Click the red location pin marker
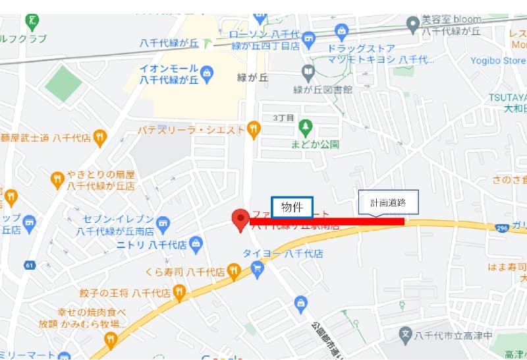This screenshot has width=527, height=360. pyautogui.click(x=241, y=219)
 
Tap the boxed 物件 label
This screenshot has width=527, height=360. pyautogui.click(x=292, y=207)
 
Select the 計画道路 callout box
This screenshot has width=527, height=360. pyautogui.click(x=388, y=204)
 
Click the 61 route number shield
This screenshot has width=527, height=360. pyautogui.click(x=29, y=265)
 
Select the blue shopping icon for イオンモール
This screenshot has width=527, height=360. pyautogui.click(x=206, y=71)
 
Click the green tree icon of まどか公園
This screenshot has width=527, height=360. pyautogui.click(x=305, y=126)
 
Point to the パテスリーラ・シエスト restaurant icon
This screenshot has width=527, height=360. pyautogui.click(x=254, y=130)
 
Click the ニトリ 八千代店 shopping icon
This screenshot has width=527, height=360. pyautogui.click(x=195, y=245)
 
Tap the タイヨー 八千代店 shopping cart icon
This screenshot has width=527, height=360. pyautogui.click(x=257, y=268)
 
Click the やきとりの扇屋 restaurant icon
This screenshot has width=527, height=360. pyautogui.click(x=58, y=178)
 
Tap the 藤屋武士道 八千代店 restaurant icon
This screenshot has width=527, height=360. pyautogui.click(x=99, y=137)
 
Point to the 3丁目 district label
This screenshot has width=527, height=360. pyautogui.click(x=283, y=117)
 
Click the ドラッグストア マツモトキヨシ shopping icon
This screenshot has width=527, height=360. pyautogui.click(x=341, y=30)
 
